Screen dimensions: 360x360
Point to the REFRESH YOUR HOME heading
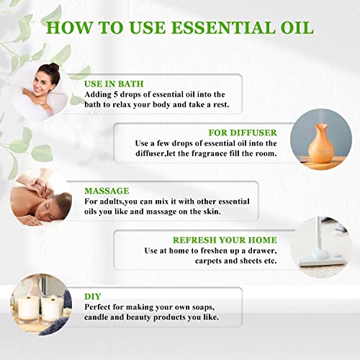[x=225, y=239]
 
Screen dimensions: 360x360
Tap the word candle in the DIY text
[x=101, y=318]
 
